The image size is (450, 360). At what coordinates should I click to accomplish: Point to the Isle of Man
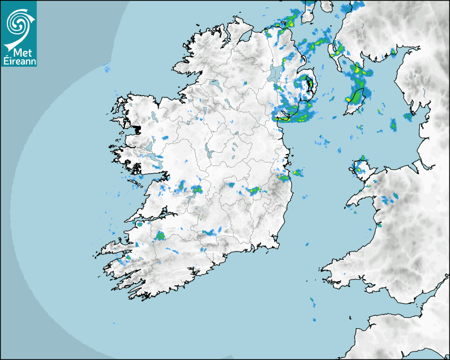click(356, 101)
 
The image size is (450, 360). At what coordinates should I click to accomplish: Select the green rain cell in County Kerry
click(160, 235)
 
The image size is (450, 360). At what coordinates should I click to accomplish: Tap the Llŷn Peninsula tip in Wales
click(349, 204)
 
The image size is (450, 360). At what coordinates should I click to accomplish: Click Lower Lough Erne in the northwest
click(214, 85)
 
